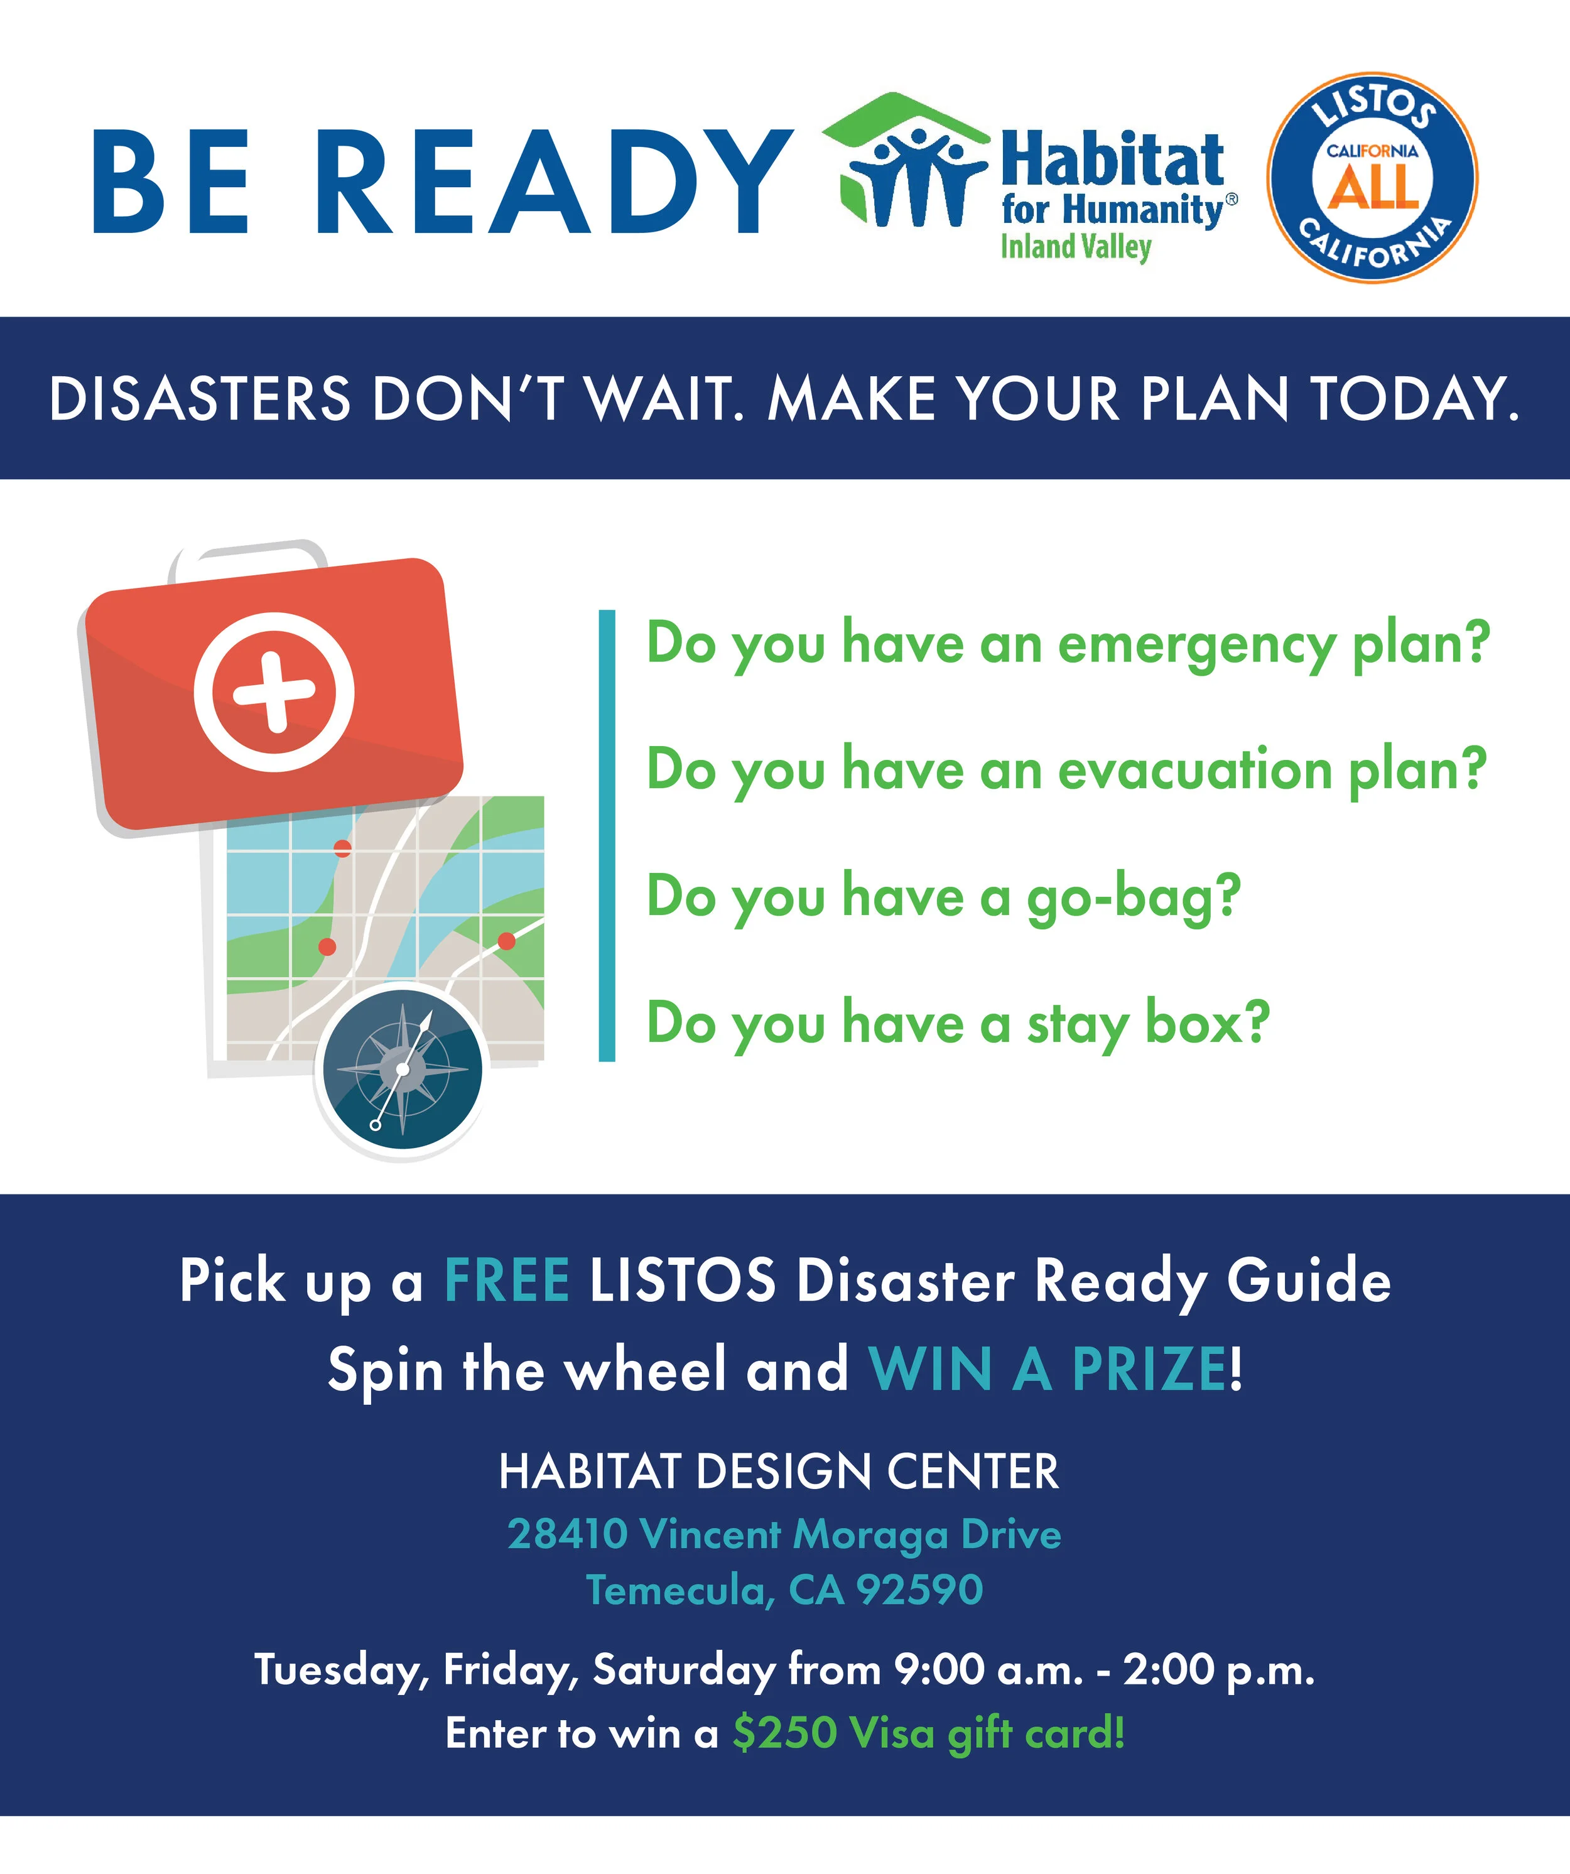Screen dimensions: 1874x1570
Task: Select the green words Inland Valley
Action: click(x=1076, y=247)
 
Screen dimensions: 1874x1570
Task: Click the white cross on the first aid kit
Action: click(x=274, y=691)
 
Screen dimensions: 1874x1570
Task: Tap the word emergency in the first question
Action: click(x=1196, y=644)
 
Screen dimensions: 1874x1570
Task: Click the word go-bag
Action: click(x=1134, y=897)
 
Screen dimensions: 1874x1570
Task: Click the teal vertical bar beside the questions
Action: click(x=607, y=835)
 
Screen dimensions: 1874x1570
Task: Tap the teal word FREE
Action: click(x=507, y=1281)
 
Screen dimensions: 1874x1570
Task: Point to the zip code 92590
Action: click(x=919, y=1590)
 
